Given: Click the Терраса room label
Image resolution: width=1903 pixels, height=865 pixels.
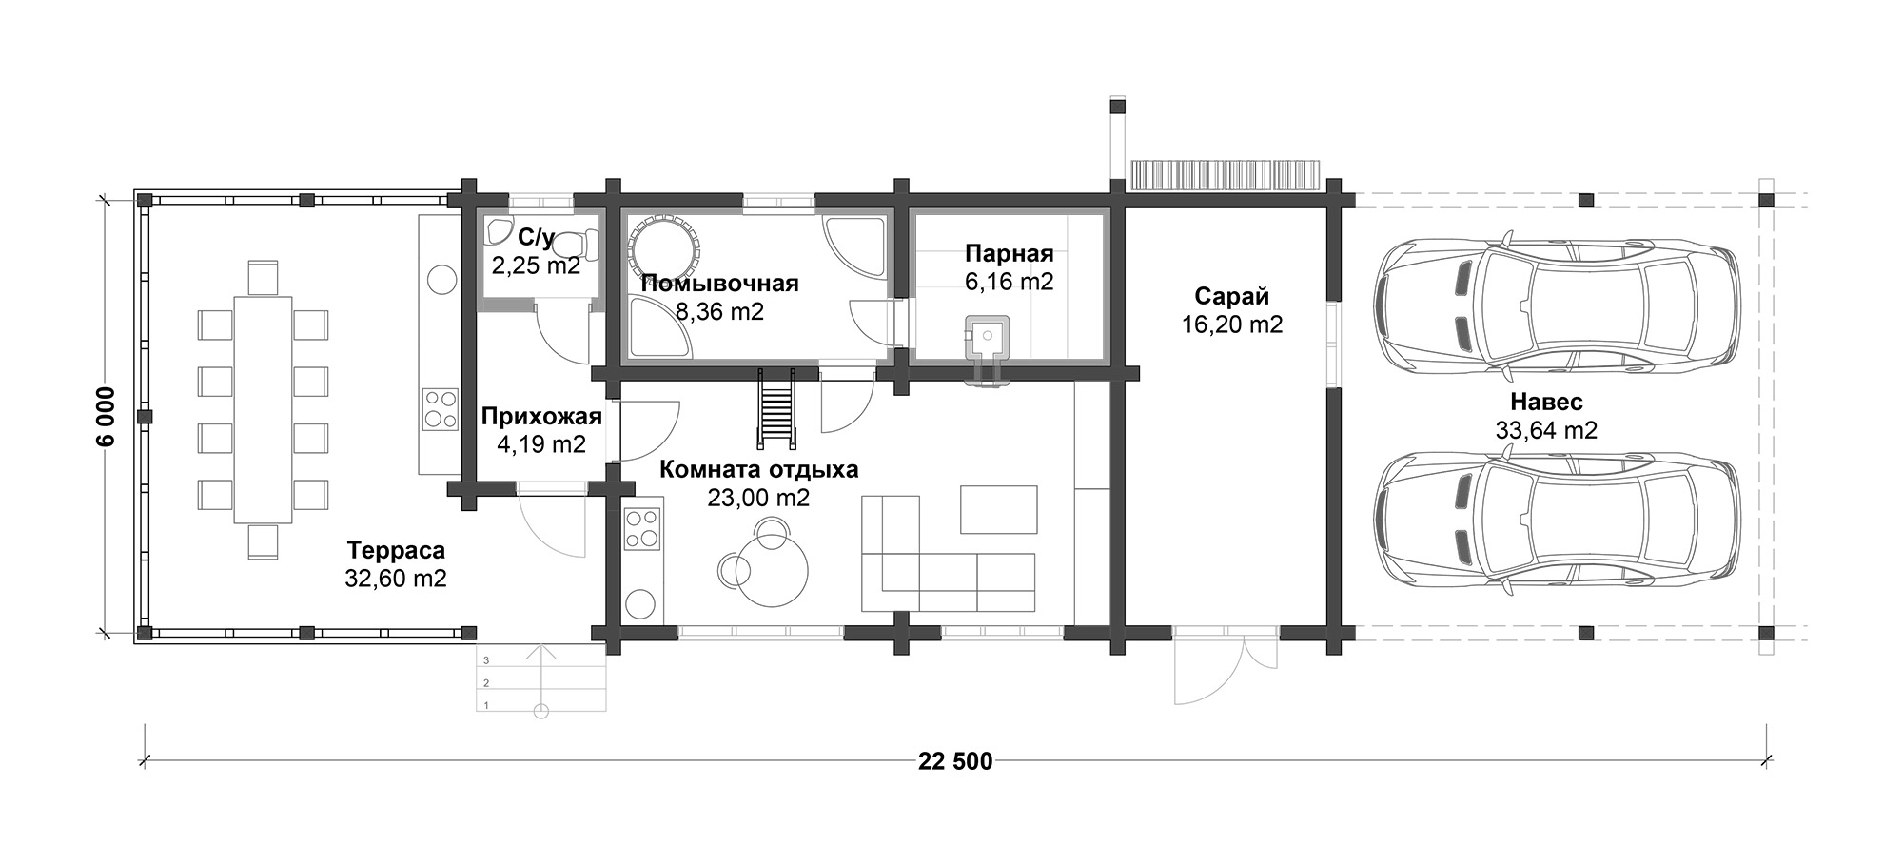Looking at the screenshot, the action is tap(396, 550).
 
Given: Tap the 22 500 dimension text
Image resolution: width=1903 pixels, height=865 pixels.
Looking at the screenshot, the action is tap(955, 761).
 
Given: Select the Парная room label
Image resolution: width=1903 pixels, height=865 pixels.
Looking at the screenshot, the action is tap(1010, 253).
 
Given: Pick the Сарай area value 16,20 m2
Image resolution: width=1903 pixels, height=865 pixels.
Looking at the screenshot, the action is tap(1232, 324).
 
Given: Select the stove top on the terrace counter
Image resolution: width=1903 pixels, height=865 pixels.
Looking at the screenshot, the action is tap(440, 409).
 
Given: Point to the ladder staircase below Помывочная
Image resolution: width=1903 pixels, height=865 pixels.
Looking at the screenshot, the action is tap(776, 408).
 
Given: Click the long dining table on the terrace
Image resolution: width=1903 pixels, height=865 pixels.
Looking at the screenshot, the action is tap(263, 409).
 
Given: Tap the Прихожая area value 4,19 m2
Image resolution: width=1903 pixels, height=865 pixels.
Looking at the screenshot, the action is tap(541, 443).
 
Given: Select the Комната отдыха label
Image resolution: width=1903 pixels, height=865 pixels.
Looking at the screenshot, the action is tap(759, 469).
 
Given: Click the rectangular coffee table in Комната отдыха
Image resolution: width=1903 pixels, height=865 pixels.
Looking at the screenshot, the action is tap(998, 509).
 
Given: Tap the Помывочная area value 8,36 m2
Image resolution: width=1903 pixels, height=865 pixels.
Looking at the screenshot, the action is tap(719, 311).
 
